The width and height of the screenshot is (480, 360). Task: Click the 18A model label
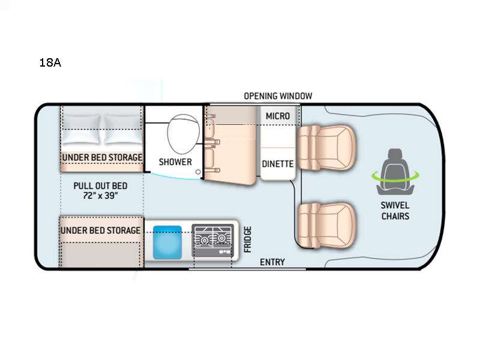(x=50, y=62)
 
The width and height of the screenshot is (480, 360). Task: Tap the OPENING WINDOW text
(x=278, y=96)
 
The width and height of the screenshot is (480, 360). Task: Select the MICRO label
(x=278, y=116)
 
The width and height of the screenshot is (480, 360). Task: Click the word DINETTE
(x=278, y=164)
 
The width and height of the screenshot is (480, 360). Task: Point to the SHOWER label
(x=175, y=161)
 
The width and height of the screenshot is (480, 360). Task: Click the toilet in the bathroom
(x=183, y=134)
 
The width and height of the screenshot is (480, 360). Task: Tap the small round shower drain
(x=198, y=172)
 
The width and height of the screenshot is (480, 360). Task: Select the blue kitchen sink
(x=167, y=242)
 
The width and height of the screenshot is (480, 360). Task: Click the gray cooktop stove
(x=213, y=241)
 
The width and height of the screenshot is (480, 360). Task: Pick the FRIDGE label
(x=248, y=239)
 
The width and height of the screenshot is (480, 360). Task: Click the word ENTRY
(x=272, y=262)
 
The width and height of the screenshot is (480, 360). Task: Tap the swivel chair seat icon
(x=395, y=172)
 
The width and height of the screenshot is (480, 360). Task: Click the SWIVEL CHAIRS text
(x=395, y=211)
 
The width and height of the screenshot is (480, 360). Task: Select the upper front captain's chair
(x=326, y=148)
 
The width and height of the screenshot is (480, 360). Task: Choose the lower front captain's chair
(x=326, y=226)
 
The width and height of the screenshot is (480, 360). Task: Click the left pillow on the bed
(x=81, y=129)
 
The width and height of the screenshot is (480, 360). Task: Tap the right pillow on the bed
(x=123, y=129)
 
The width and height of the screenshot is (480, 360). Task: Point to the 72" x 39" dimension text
(x=100, y=196)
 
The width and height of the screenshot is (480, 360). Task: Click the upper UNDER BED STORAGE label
(x=102, y=157)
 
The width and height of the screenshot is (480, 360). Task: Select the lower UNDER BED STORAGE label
(x=100, y=230)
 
